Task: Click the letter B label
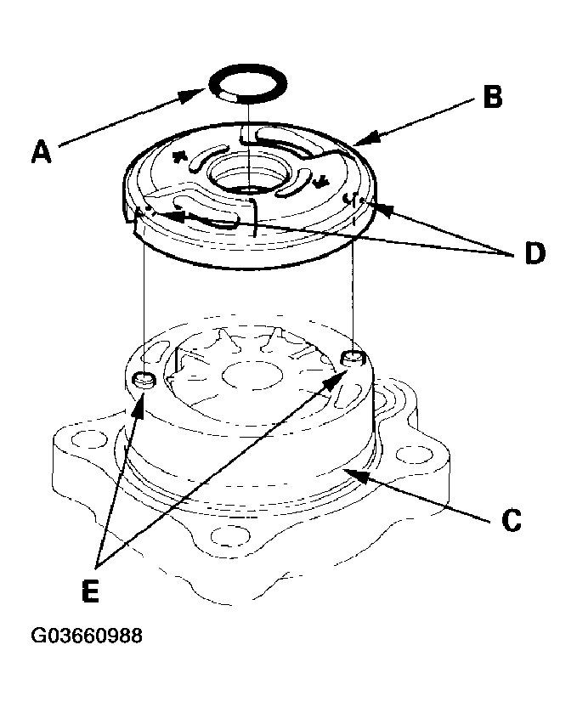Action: pyautogui.click(x=491, y=98)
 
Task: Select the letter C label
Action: pyautogui.click(x=509, y=519)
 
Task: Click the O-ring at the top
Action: pyautogui.click(x=247, y=84)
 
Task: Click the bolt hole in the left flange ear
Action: pyautogui.click(x=82, y=442)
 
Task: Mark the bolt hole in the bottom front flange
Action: pyautogui.click(x=223, y=536)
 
